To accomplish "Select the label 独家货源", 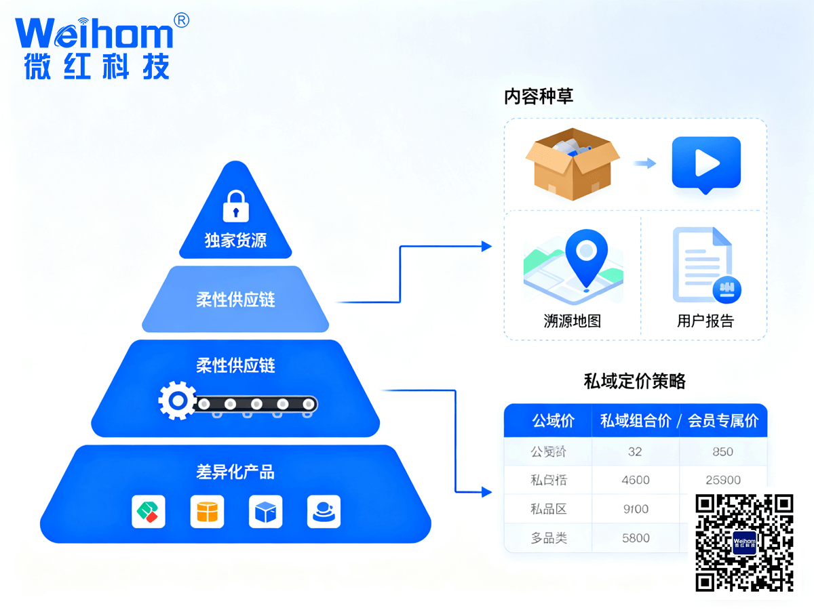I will click(x=235, y=241).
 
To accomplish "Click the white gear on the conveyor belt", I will click(x=177, y=401).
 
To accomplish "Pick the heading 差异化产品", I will click(x=235, y=472).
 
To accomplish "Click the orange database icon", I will click(x=207, y=512).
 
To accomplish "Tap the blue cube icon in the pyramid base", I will click(x=265, y=512).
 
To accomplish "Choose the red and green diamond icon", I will click(x=149, y=512).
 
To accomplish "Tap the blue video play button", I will click(x=705, y=163).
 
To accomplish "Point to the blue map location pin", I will click(x=586, y=256).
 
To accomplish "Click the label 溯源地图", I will click(x=573, y=321).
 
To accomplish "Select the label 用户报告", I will click(x=705, y=321).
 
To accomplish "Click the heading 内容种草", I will click(x=539, y=96).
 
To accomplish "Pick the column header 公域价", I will click(x=553, y=421).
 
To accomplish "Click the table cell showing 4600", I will click(x=636, y=480).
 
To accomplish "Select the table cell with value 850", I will click(x=722, y=451).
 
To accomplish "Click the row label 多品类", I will click(x=548, y=538).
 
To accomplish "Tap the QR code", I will click(x=744, y=542).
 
